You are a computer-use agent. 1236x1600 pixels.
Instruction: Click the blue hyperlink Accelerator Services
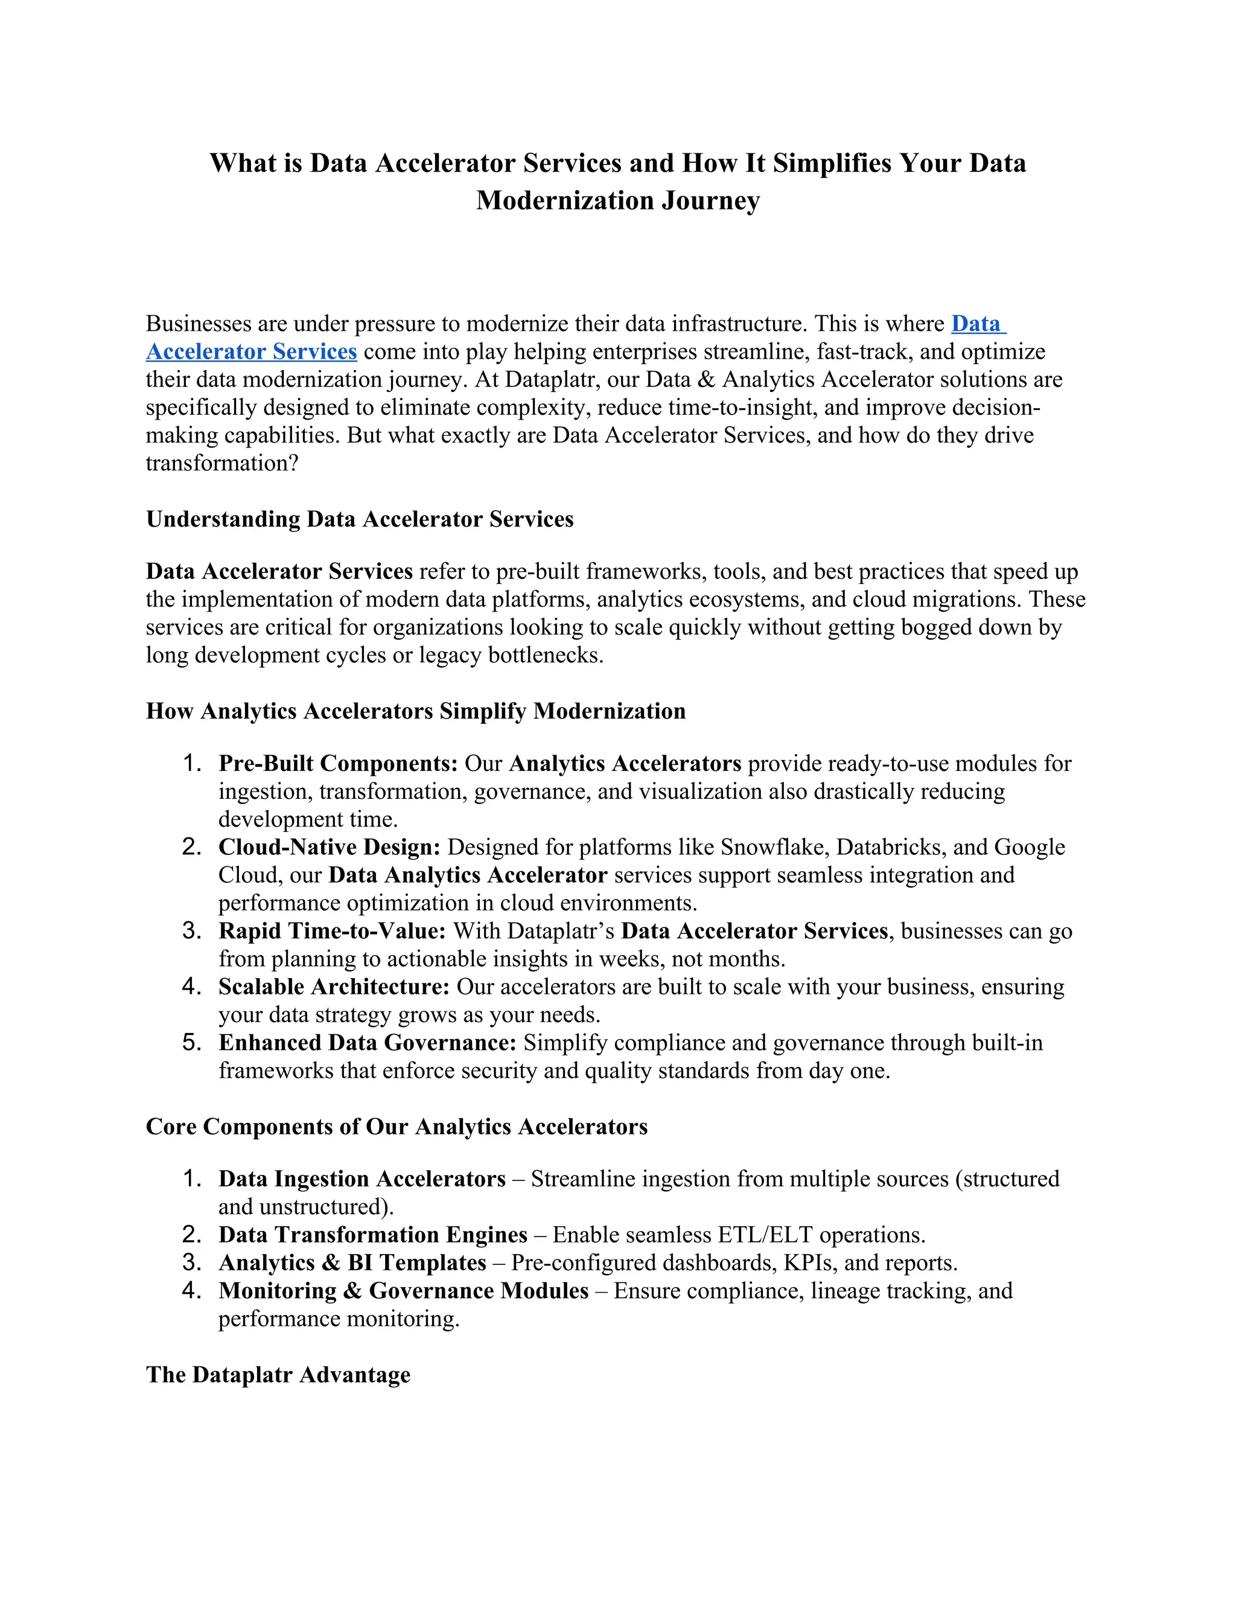pos(251,351)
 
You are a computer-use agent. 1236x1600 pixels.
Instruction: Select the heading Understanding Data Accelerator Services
pos(360,519)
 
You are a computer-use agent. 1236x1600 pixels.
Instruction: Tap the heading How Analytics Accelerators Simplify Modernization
pos(415,711)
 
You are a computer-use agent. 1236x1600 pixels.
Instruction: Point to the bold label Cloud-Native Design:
pos(329,847)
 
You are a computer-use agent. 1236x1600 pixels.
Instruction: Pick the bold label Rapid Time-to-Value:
pos(332,930)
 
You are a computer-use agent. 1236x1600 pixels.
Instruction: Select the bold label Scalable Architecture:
pos(333,987)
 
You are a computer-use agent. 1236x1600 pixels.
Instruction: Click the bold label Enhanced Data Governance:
pos(367,1043)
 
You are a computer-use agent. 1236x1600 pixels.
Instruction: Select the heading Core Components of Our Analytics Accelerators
pos(396,1126)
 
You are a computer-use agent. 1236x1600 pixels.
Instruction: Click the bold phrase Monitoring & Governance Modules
pos(403,1290)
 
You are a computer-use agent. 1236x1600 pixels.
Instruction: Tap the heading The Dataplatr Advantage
pos(278,1374)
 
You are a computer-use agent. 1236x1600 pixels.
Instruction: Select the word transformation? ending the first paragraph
pos(222,463)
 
